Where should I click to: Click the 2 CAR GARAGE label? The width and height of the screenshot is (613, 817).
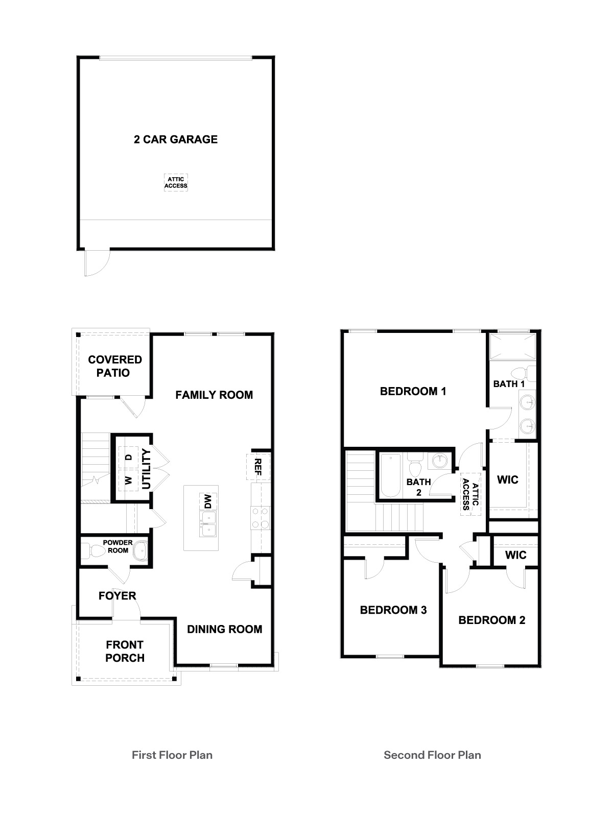[176, 139]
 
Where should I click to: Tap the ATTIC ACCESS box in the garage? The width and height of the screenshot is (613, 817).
[176, 182]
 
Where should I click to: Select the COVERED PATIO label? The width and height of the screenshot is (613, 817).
[114, 366]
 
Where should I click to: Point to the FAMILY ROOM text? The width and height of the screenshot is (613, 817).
[214, 395]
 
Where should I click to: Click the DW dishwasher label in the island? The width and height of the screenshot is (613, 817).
[208, 501]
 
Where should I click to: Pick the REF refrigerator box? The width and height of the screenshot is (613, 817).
[257, 466]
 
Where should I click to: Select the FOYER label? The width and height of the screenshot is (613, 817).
[117, 596]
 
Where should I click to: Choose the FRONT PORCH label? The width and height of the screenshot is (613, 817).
[125, 651]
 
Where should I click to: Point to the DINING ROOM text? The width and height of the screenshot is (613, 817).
[224, 630]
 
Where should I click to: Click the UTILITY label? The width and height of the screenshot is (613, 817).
[147, 469]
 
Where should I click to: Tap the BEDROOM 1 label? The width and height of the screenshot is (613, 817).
[413, 392]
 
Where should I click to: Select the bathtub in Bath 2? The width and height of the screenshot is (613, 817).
[390, 474]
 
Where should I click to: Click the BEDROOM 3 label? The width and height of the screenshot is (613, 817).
[393, 610]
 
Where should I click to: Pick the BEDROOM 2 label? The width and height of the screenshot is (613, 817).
[491, 620]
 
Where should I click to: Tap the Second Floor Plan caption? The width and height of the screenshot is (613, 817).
[432, 755]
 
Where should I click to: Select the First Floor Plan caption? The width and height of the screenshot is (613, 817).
[172, 755]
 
